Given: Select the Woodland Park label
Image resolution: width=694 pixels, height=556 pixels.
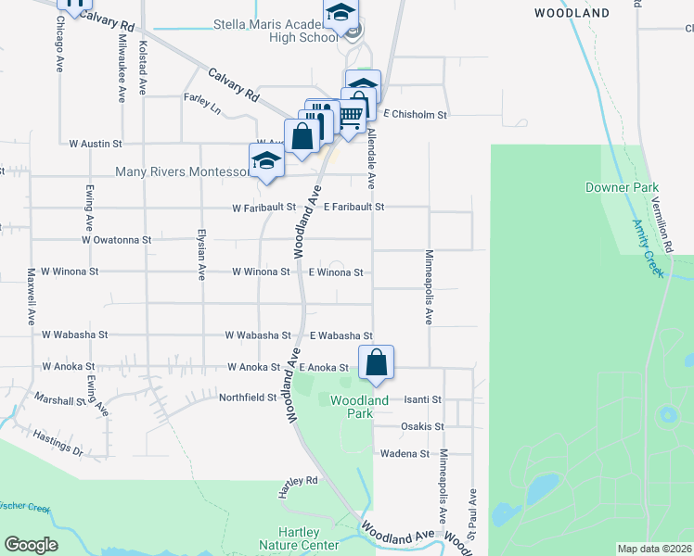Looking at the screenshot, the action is (x=347, y=407).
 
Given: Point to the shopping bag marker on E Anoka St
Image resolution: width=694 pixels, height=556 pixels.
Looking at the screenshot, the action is (x=376, y=363).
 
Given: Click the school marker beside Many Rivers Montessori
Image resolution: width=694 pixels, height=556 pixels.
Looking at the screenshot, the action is (x=266, y=161).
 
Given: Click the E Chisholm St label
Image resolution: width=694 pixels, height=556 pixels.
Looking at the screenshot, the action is (x=416, y=115).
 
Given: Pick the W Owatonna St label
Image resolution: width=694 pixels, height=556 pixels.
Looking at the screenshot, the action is (x=116, y=240).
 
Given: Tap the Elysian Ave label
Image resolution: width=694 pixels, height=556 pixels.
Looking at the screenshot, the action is (x=201, y=255).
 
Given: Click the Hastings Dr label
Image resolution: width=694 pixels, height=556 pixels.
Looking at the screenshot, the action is (x=58, y=443).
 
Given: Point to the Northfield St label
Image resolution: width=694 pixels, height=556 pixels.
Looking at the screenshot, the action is (x=248, y=398).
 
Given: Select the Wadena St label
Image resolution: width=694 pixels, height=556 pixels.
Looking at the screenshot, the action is (x=405, y=454).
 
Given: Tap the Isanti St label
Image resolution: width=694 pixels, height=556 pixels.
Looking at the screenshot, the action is (x=422, y=399).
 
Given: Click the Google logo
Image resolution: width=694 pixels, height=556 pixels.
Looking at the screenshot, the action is (x=32, y=545).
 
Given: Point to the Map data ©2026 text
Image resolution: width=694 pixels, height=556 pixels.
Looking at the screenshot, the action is (x=654, y=549).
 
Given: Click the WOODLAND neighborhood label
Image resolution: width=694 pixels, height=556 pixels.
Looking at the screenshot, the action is (x=572, y=13).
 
